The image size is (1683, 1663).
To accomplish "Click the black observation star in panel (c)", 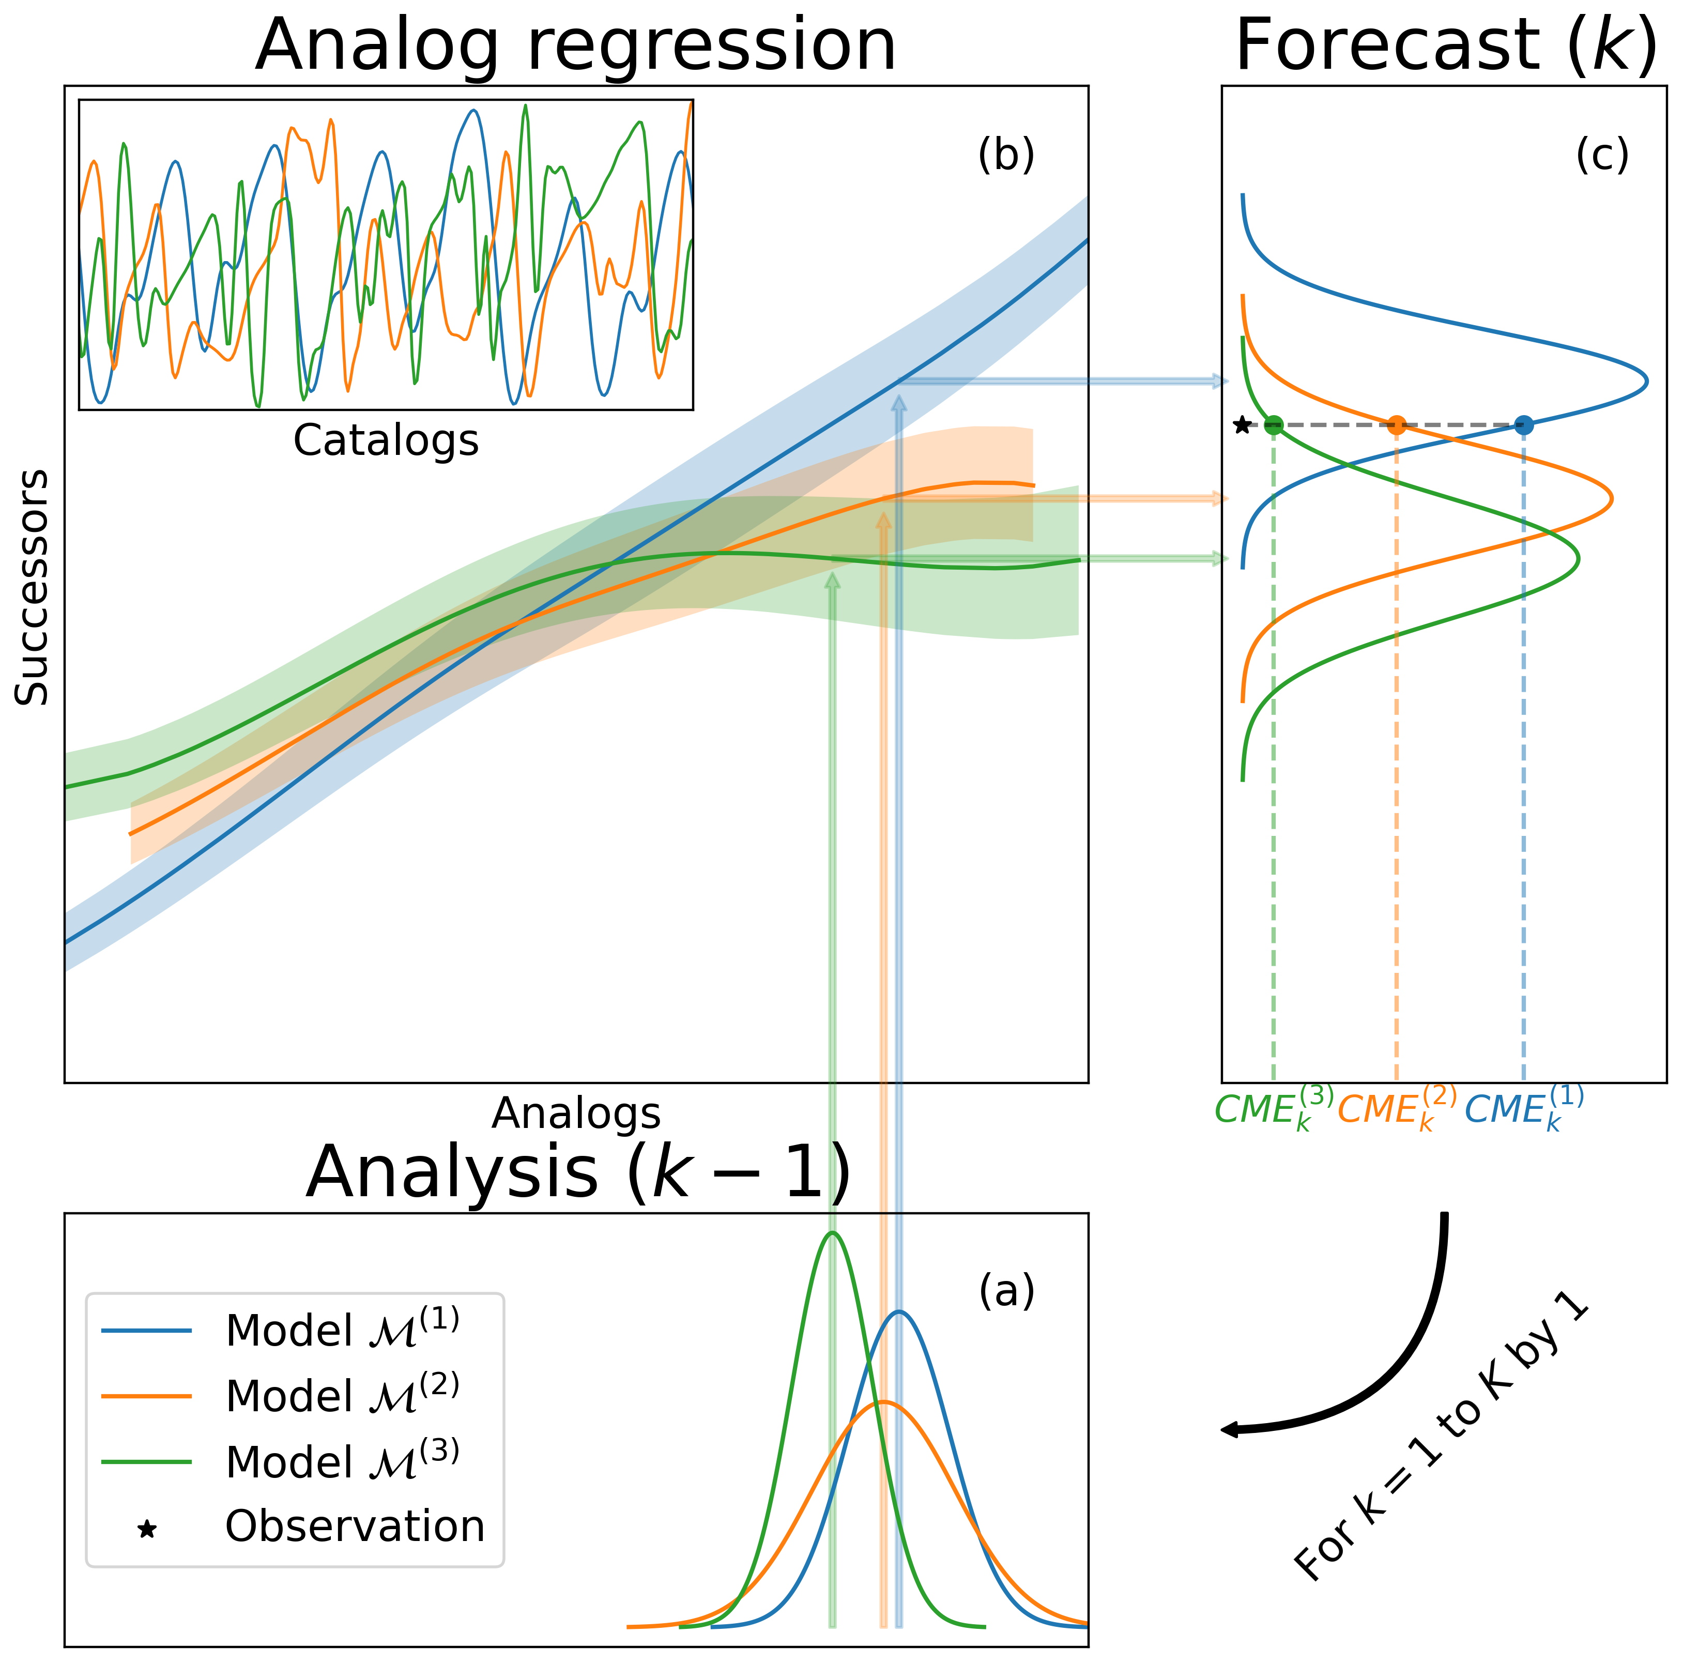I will tap(1242, 425).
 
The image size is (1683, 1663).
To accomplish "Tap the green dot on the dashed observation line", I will tap(1274, 425).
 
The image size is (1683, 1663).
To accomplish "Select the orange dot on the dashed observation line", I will tap(1397, 425).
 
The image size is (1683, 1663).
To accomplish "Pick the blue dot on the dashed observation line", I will tap(1524, 425).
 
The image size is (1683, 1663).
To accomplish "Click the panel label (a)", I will tap(1007, 1290).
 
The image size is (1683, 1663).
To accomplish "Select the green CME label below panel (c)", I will tap(1274, 1109).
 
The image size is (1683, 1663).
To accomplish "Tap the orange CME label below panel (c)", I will tap(1397, 1109).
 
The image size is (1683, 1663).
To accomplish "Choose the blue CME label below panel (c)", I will tap(1524, 1109).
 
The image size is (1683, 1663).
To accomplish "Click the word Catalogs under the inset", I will tap(386, 441).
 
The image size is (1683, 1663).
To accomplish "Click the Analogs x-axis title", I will tap(576, 1113).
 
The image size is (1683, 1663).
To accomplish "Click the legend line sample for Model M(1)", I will tap(146, 1330).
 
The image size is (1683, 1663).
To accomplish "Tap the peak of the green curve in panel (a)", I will tap(833, 1233).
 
